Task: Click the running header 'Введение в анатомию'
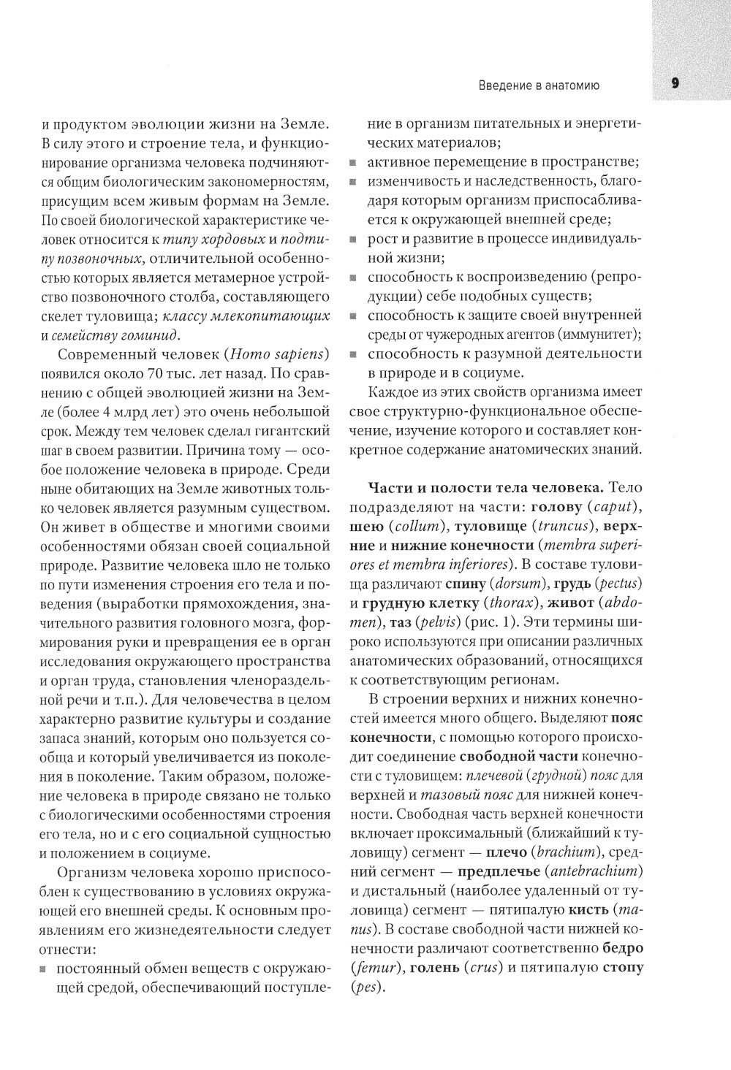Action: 539,85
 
